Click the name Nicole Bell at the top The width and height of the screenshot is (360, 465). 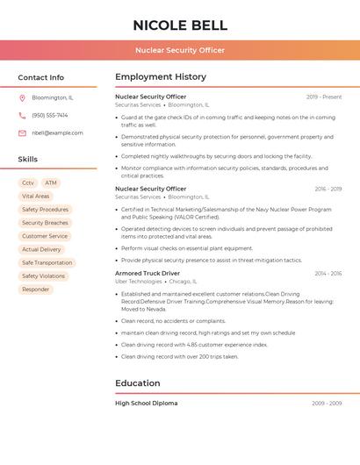tap(180, 25)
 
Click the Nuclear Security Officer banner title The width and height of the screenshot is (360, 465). tap(180, 50)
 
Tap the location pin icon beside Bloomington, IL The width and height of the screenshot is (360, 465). tap(22, 98)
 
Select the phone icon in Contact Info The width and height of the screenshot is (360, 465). tap(22, 115)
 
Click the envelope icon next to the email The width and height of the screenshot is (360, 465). tap(22, 133)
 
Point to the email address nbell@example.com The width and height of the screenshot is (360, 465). tap(57, 133)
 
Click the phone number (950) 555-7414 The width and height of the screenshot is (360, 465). tap(50, 115)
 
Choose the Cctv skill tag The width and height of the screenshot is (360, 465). tap(28, 182)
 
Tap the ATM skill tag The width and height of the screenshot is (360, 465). tap(51, 182)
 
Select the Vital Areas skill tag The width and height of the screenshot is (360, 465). tap(36, 197)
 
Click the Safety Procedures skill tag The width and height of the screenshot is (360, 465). tap(45, 210)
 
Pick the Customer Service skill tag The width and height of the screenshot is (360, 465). tap(45, 236)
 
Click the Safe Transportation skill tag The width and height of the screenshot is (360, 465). tap(47, 262)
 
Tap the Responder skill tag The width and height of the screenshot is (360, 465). tap(36, 289)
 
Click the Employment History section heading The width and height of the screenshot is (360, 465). tap(161, 77)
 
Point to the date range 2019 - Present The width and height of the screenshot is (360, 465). tap(324, 97)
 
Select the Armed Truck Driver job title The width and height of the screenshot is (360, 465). tap(148, 273)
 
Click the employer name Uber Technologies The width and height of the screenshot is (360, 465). tap(139, 282)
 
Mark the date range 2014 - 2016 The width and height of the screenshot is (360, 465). tap(328, 274)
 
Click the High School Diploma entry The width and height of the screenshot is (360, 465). tap(147, 404)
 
